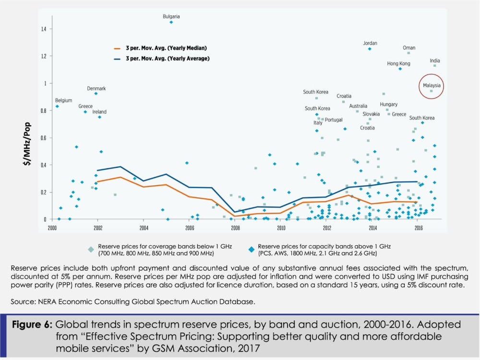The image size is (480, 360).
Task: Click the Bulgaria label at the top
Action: (x=171, y=16)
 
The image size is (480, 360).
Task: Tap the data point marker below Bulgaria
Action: (x=171, y=22)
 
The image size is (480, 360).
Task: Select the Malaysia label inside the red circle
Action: (x=432, y=85)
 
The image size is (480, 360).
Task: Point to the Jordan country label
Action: (x=370, y=43)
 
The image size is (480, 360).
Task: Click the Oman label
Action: (x=409, y=47)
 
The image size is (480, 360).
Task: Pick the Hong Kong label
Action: (x=398, y=63)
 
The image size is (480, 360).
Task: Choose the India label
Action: (x=435, y=61)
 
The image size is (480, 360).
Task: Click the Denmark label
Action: (x=96, y=88)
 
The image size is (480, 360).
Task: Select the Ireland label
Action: (x=99, y=112)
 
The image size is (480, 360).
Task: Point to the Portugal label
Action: (x=334, y=120)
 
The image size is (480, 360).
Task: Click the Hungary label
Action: (x=388, y=104)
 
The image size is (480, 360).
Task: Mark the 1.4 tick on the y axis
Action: (x=43, y=29)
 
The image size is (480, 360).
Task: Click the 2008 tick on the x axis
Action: (x=235, y=227)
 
